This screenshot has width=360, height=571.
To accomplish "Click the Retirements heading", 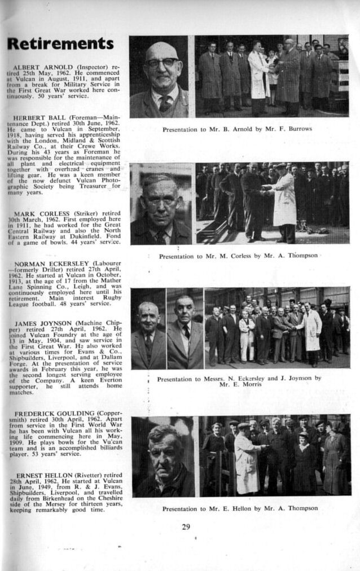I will (60, 44).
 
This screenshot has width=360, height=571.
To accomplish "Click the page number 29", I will (186, 527).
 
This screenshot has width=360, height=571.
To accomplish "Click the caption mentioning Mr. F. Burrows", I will (237, 129).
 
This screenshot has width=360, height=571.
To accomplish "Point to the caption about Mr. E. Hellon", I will (240, 508).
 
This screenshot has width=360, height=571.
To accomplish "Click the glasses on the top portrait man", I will (160, 62).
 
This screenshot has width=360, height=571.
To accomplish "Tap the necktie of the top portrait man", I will (165, 104).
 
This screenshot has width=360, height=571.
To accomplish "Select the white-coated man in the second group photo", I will (283, 200).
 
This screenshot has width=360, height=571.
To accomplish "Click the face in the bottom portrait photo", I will (163, 451).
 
